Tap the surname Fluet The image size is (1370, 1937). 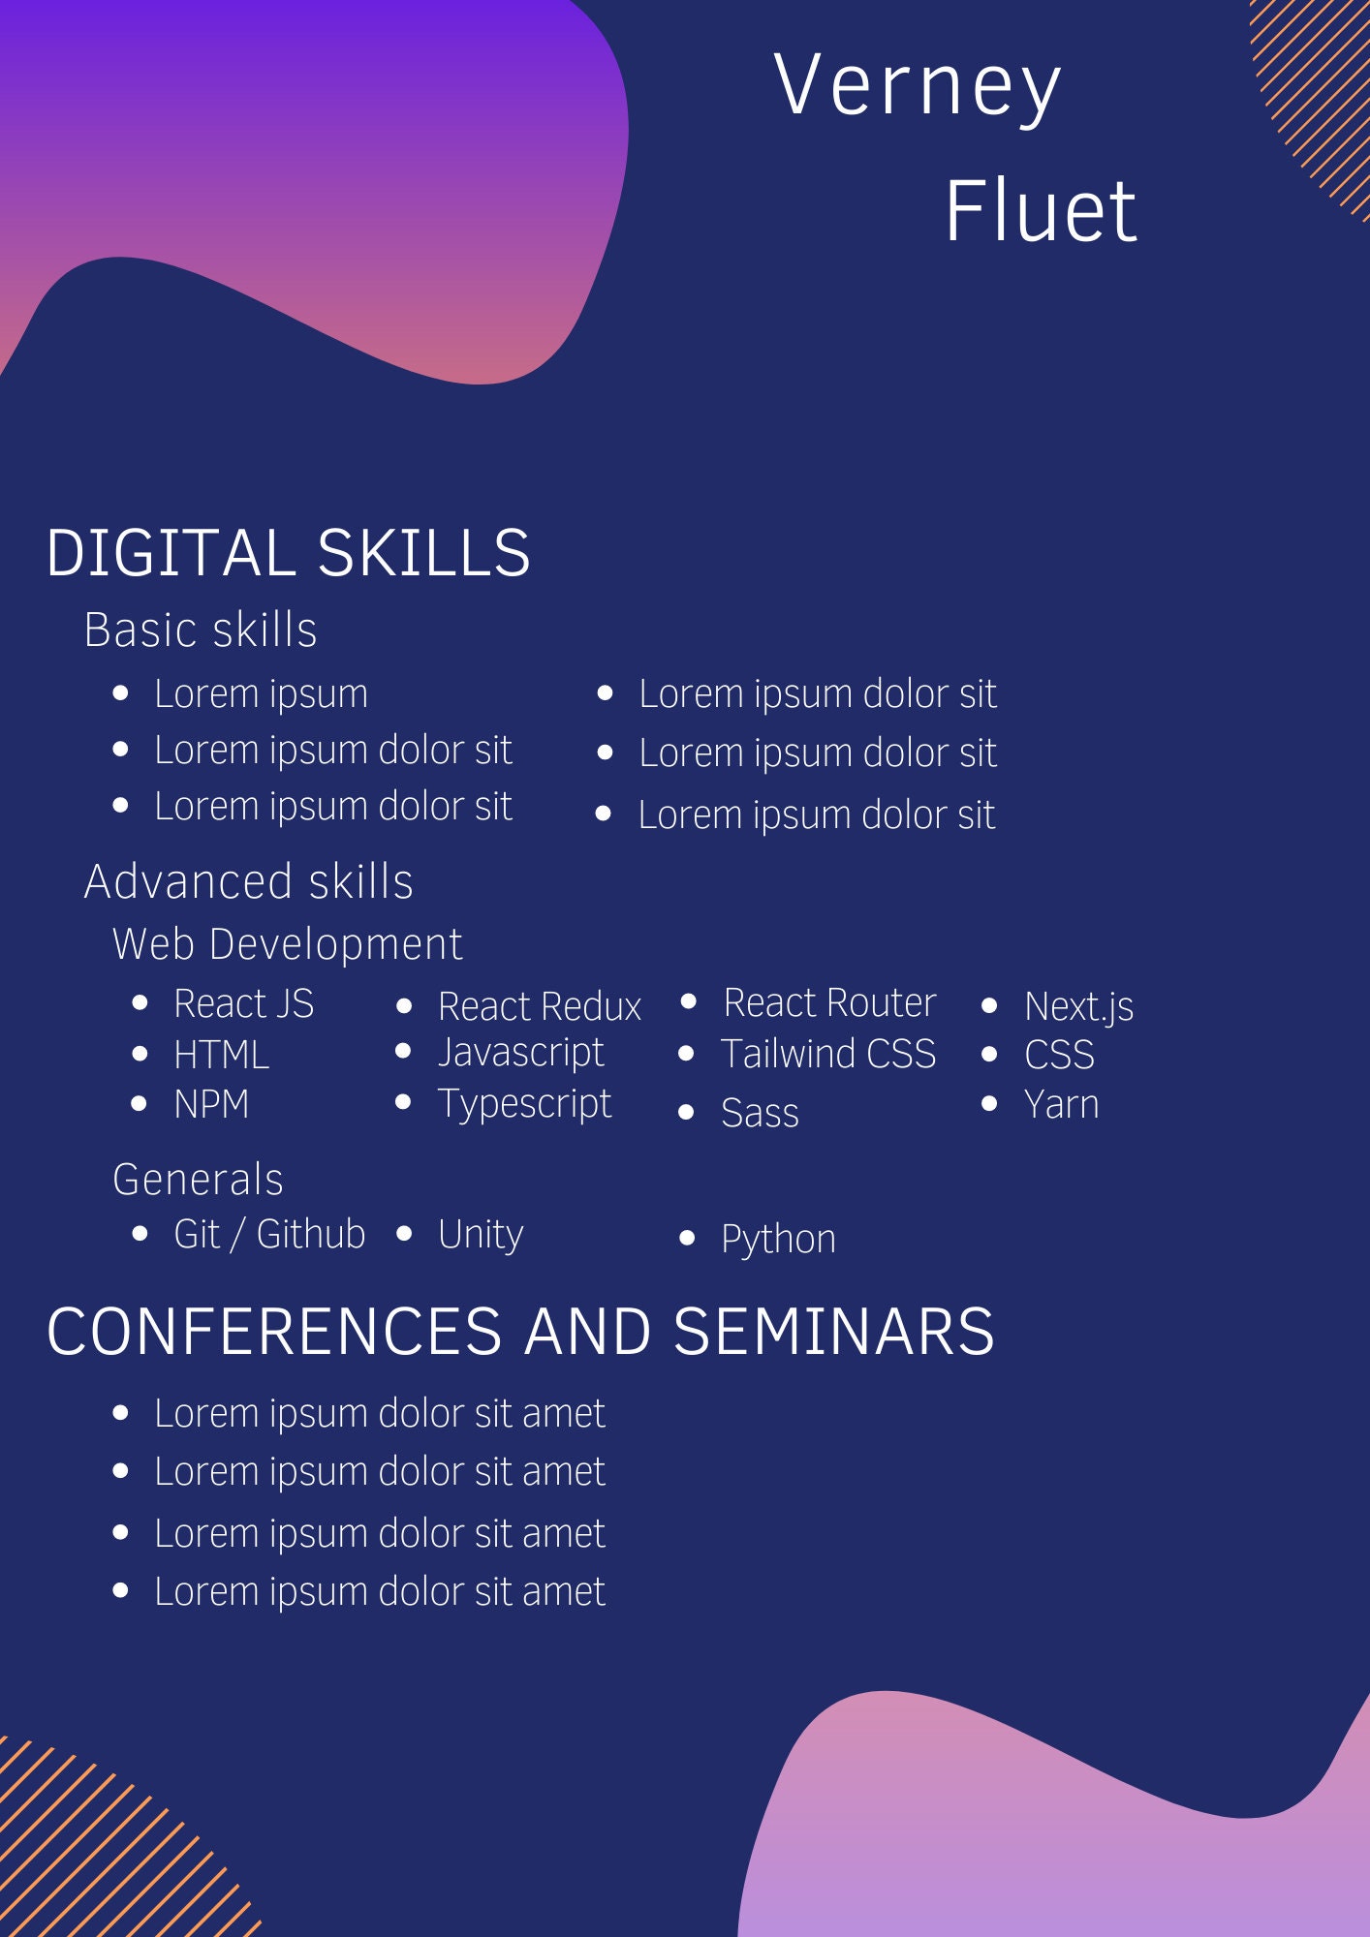(1040, 211)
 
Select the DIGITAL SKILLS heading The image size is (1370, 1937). (288, 553)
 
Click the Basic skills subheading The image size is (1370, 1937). (201, 630)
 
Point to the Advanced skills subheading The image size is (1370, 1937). (249, 882)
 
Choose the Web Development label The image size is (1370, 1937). (288, 944)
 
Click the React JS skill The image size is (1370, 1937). (243, 1004)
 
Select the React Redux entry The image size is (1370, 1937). (539, 1007)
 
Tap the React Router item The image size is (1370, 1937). (829, 1003)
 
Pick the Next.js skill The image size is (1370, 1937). (1078, 1007)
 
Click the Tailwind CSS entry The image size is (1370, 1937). (828, 1054)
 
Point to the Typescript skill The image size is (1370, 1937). (524, 1104)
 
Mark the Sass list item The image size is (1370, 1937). (760, 1113)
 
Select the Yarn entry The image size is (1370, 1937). (1061, 1105)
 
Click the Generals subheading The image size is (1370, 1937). (198, 1181)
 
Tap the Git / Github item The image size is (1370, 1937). (269, 1235)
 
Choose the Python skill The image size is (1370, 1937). (778, 1240)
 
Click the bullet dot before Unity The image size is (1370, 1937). (405, 1234)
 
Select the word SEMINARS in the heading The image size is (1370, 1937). (833, 1332)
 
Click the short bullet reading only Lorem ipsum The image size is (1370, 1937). (261, 694)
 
